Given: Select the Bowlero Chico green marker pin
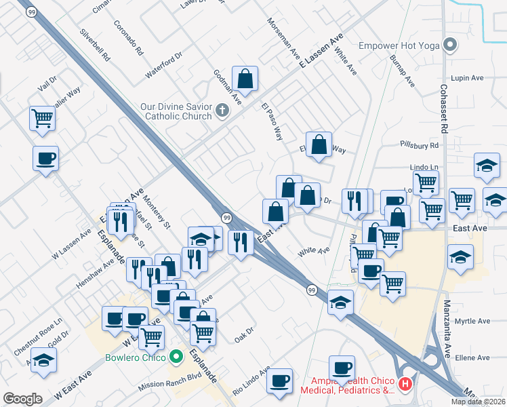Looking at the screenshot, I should pos(176,355).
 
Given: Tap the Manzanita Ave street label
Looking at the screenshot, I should pos(448,330).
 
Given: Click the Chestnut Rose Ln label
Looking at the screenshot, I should pos(38,336).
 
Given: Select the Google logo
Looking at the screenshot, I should pos(22,398).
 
